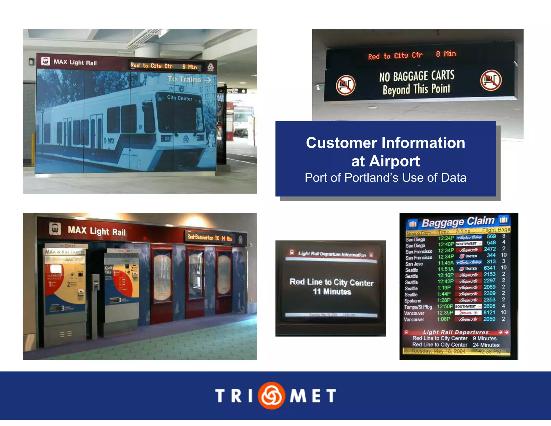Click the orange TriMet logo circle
click(271, 395)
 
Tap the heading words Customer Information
click(385, 143)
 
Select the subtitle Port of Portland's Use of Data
click(385, 178)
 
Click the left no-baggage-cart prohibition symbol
click(345, 85)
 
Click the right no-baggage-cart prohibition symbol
click(491, 80)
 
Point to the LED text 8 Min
click(446, 54)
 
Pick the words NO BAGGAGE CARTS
click(417, 76)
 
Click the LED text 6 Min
click(190, 67)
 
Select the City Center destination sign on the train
click(179, 98)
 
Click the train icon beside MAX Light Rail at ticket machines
click(55, 229)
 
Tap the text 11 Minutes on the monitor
click(332, 292)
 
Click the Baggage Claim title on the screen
click(458, 222)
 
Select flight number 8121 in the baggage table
click(489, 312)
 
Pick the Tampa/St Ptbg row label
click(418, 307)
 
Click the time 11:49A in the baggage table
click(446, 263)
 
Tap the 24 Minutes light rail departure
click(486, 345)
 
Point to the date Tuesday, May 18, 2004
click(438, 351)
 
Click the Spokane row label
click(413, 301)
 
